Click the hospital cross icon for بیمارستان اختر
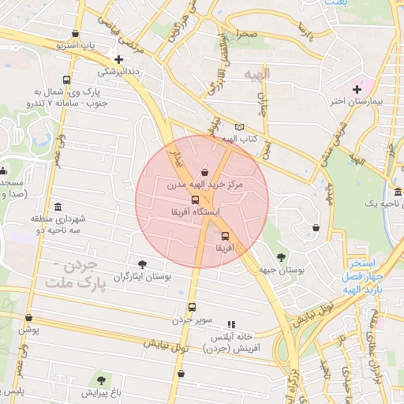tap(357, 89)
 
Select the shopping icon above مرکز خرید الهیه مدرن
tap(205, 172)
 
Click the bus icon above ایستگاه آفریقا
tap(196, 200)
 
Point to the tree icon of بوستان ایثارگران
tap(142, 264)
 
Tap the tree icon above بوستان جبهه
tap(281, 257)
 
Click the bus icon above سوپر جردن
tap(191, 308)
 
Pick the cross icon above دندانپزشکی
tap(118, 58)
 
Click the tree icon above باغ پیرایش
tap(100, 380)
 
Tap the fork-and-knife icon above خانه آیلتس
tap(231, 324)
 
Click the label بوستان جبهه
tap(281, 270)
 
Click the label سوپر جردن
tap(193, 320)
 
